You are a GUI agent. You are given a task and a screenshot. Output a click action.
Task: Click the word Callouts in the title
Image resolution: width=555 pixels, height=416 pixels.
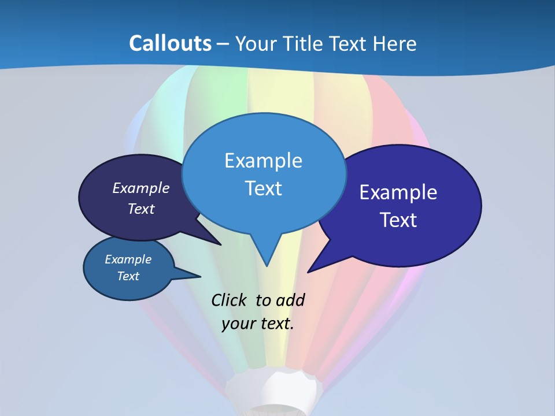[x=170, y=43]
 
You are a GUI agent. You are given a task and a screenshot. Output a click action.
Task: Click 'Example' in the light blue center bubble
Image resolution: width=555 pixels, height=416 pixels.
[x=263, y=161]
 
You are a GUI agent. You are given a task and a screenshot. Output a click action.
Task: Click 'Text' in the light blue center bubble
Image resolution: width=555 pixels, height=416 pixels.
[x=263, y=188]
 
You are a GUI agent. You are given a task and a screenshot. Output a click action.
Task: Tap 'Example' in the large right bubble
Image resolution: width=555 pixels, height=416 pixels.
[x=398, y=192]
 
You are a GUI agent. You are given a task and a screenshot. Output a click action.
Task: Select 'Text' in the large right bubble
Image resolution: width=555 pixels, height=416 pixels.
[x=398, y=220]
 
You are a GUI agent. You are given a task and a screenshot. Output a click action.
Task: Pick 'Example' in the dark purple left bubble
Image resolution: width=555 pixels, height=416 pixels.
[x=141, y=188]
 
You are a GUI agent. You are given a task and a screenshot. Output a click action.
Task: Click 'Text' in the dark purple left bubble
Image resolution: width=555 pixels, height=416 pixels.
[x=141, y=209]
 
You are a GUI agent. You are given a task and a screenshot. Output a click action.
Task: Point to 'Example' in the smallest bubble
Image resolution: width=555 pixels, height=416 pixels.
[x=128, y=259]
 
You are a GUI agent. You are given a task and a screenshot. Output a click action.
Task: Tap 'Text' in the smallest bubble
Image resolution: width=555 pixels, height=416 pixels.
[x=128, y=276]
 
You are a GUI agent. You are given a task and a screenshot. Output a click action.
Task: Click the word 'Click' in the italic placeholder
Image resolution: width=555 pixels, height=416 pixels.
[x=230, y=300]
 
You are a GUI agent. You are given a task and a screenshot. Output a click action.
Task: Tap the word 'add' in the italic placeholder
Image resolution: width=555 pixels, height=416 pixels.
[x=290, y=300]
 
